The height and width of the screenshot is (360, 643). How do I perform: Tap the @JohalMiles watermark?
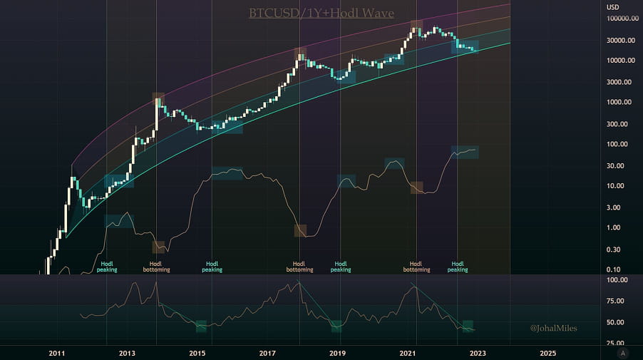click(552, 329)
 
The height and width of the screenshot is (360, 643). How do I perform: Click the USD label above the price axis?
click(612, 7)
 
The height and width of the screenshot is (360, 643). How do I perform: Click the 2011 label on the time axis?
click(57, 353)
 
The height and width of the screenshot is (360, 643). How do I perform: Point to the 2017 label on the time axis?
click(267, 353)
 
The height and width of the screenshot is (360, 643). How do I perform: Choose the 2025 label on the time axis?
click(547, 353)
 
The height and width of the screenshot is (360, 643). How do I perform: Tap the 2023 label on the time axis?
click(478, 353)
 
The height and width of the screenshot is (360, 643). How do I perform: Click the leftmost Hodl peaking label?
click(107, 267)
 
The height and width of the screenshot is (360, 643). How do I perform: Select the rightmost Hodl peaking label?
click(458, 267)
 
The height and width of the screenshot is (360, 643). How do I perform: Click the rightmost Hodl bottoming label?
click(416, 267)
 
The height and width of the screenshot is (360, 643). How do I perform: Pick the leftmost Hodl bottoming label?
click(156, 267)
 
